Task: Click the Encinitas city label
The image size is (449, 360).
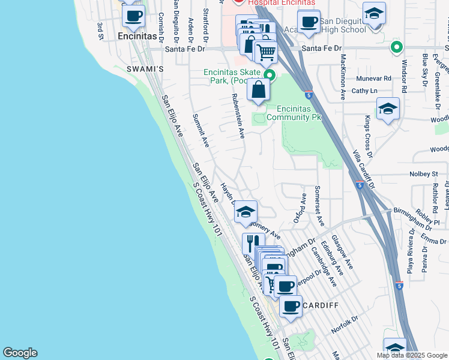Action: click(137, 36)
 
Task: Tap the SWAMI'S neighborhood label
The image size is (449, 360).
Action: click(145, 70)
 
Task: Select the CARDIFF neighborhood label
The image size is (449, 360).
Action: click(321, 305)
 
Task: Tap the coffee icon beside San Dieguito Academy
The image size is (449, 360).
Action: click(309, 22)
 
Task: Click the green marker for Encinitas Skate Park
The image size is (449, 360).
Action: click(270, 75)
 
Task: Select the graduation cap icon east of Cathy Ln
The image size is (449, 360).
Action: click(388, 109)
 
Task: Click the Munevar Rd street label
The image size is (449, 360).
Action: click(373, 78)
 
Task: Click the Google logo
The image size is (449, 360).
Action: click(20, 353)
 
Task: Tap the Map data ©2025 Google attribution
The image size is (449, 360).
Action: click(411, 355)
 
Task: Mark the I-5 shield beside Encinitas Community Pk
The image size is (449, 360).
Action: click(308, 94)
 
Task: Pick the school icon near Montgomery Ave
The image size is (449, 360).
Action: click(246, 212)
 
